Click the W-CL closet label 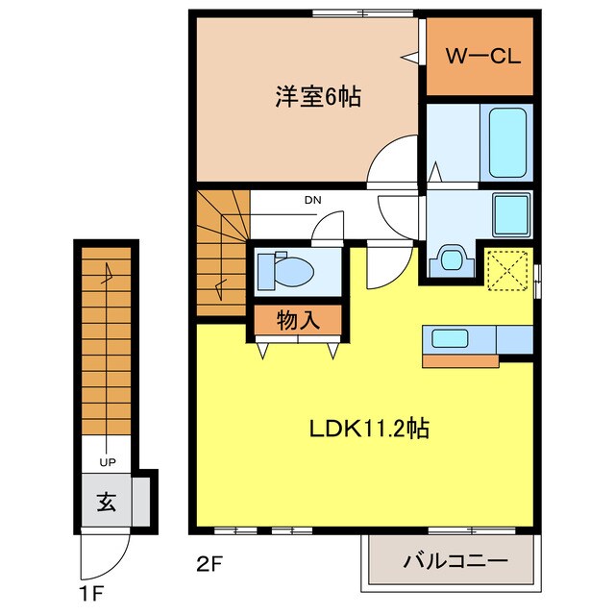click(x=480, y=55)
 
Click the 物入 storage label click(x=298, y=320)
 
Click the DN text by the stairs click(x=311, y=200)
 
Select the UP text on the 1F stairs click(x=107, y=462)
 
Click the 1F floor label click(x=89, y=585)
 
